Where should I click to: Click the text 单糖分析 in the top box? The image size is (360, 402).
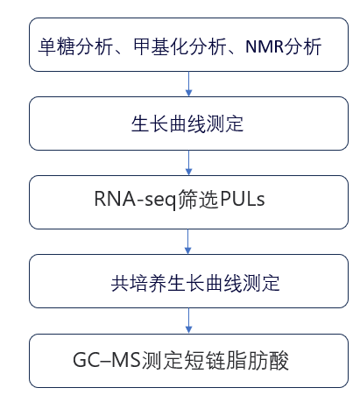tap(75, 46)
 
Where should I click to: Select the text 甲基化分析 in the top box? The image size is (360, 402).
tap(180, 46)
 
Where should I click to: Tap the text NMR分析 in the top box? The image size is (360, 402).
tap(284, 46)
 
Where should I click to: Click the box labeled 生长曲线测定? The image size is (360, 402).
tap(188, 123)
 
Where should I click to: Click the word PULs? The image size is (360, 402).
tap(243, 199)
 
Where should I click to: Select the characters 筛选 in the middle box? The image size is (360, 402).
tap(198, 199)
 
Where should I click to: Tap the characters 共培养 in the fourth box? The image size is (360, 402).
tap(138, 283)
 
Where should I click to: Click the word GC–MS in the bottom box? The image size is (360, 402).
tap(107, 360)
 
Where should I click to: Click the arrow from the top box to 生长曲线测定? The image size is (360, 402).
tap(188, 84)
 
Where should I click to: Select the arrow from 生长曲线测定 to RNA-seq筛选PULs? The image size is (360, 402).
tap(188, 163)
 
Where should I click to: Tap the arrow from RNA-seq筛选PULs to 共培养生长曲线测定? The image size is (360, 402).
tap(188, 242)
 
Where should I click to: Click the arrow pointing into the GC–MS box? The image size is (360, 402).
tap(188, 321)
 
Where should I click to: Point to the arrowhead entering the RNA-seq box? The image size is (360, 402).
tap(188, 172)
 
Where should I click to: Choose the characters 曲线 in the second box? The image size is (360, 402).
tap(187, 123)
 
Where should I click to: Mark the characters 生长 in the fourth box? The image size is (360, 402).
tap(186, 283)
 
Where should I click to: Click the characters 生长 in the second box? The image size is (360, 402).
tap(150, 123)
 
